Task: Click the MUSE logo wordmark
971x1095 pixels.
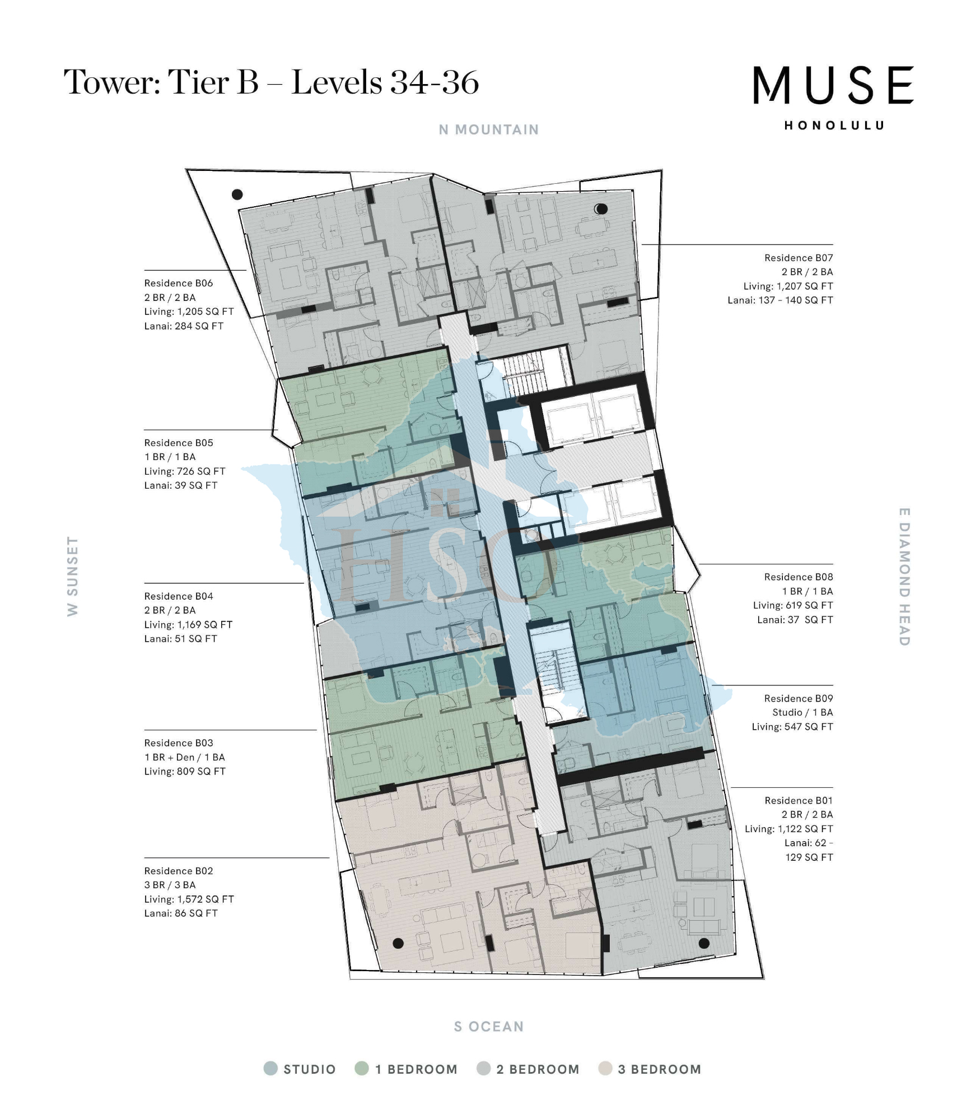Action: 833,85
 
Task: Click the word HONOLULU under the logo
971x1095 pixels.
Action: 834,126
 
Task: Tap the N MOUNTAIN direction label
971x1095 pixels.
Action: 488,130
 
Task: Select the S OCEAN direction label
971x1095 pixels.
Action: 488,1027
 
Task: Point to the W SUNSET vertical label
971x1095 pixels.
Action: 72,576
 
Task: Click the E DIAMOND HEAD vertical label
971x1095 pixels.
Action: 904,577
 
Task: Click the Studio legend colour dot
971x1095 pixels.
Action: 270,1069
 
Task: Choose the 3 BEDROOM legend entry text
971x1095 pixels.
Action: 659,1069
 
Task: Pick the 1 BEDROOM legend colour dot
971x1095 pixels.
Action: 362,1069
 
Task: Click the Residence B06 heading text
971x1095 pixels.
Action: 178,283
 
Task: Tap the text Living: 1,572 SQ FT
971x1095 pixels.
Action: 189,899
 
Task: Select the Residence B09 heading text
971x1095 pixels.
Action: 798,698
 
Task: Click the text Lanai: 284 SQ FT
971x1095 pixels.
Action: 184,326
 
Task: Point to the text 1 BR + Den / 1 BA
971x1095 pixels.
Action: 184,757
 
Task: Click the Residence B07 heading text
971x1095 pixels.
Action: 798,258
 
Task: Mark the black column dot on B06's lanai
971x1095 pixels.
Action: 237,194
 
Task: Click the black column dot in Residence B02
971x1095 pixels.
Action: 398,943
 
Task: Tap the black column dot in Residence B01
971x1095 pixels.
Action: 704,943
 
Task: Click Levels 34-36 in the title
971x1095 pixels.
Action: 385,82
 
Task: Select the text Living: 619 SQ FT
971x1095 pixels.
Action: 792,605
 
